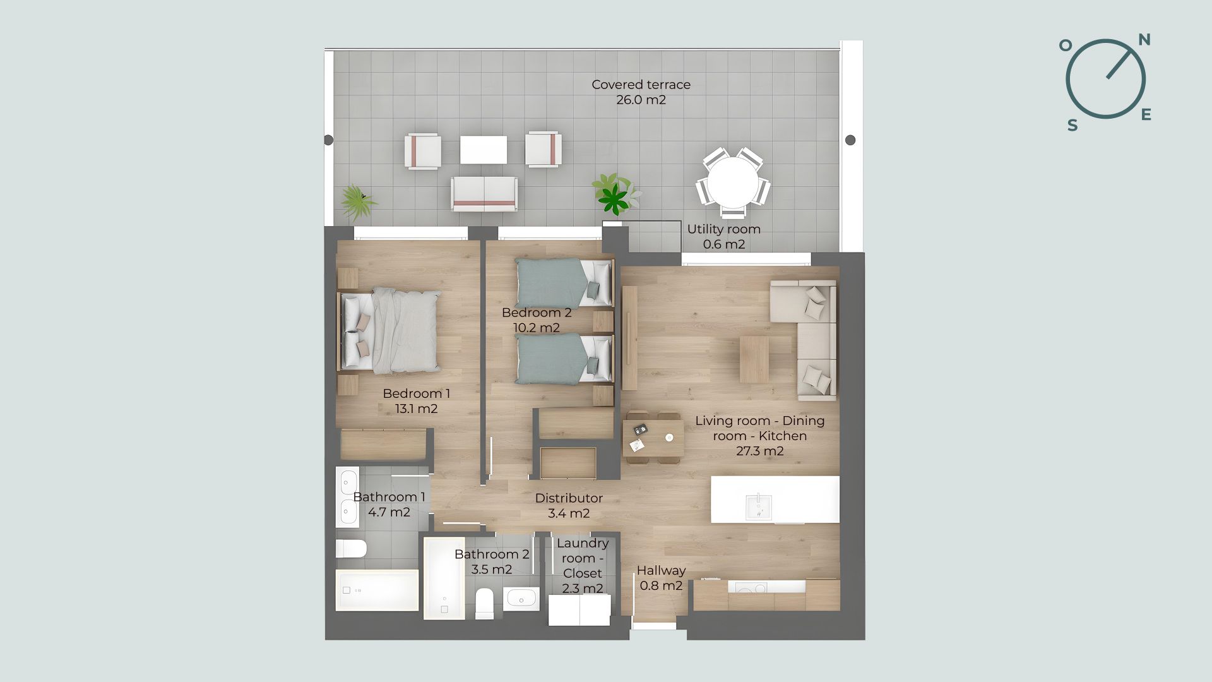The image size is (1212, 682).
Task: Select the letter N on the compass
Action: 1144,40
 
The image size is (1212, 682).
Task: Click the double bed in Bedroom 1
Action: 390,330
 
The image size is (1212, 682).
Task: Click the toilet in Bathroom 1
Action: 351,548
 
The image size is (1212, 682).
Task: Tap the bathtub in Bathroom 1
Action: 377,590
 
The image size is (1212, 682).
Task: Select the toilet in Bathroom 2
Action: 485,602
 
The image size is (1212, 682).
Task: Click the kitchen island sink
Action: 758,507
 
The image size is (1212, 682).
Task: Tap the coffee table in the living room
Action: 754,359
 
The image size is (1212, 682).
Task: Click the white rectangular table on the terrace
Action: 484,150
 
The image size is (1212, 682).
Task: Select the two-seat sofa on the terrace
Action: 484,194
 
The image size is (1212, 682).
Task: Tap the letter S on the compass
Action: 1072,125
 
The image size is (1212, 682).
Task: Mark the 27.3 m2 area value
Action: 760,451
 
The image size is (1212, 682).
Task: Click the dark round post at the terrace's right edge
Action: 850,140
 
